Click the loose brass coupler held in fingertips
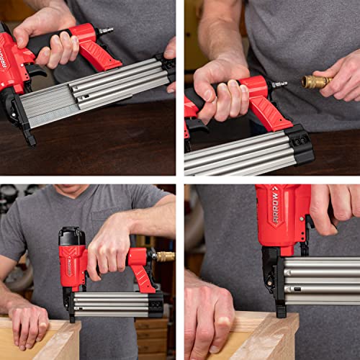tap(317, 81)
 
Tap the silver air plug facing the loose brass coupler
tap(279, 84)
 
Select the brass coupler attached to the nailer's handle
tap(165, 256)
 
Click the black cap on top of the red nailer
tap(72, 236)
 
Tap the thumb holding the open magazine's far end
tap(170, 49)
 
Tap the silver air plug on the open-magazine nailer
tap(106, 31)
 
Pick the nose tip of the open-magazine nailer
tap(29, 138)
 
